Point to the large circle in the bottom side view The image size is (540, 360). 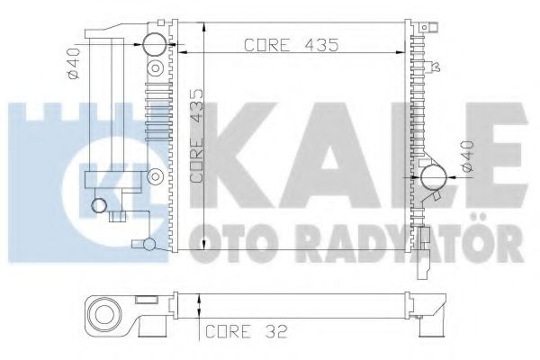tap(106, 315)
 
